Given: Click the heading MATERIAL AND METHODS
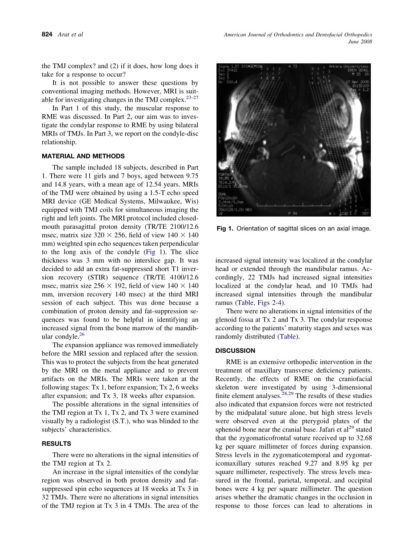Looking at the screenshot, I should (83, 156).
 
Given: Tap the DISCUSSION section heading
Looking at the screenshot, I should (235, 351).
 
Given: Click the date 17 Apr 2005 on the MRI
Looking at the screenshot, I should (355, 81).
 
